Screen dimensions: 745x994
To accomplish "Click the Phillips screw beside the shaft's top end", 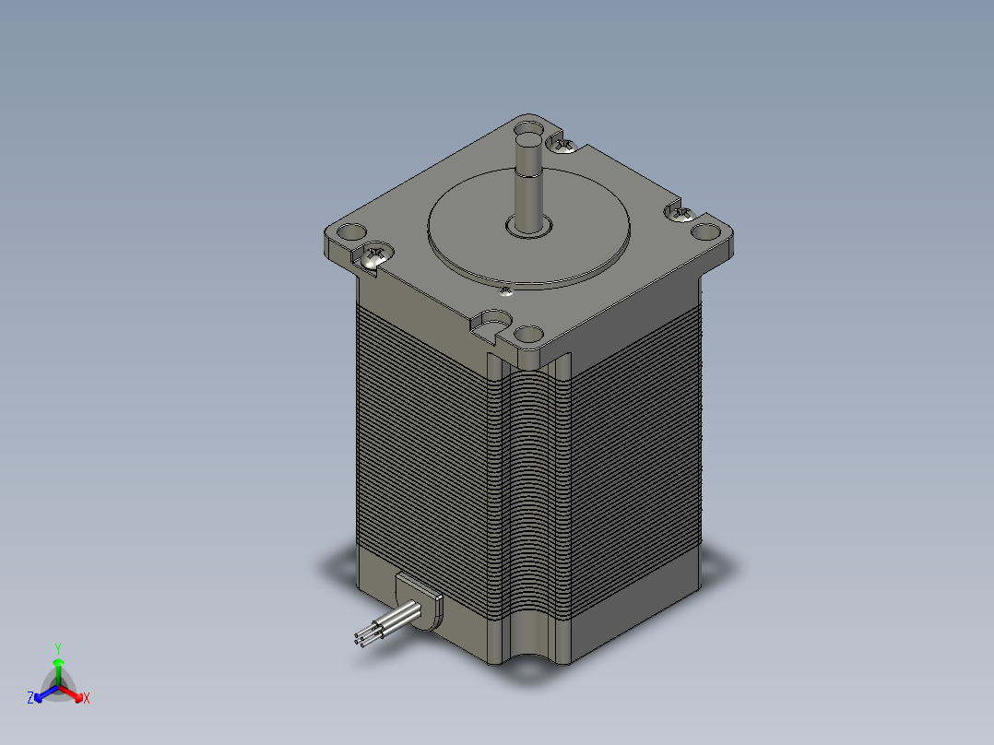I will click(x=563, y=143).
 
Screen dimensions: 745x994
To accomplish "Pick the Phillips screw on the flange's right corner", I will click(x=680, y=214).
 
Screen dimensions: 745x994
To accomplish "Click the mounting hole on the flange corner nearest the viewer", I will click(x=528, y=334).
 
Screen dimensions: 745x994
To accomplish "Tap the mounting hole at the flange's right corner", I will click(x=706, y=231).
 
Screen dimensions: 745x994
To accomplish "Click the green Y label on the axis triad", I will click(x=58, y=648).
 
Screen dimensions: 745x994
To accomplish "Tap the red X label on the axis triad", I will click(x=87, y=699).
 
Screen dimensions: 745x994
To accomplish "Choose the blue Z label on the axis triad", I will click(x=30, y=699).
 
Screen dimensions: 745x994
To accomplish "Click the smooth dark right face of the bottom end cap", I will click(x=636, y=613).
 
